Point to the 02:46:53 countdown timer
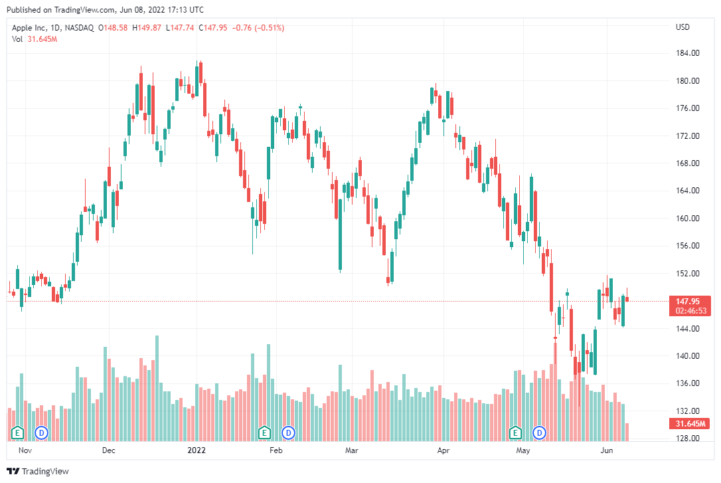click(x=691, y=310)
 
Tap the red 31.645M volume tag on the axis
click(x=691, y=424)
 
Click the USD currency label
click(x=682, y=27)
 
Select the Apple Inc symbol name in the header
click(x=29, y=28)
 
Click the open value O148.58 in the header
click(x=114, y=28)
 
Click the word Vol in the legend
click(x=17, y=39)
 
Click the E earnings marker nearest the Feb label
click(x=264, y=433)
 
